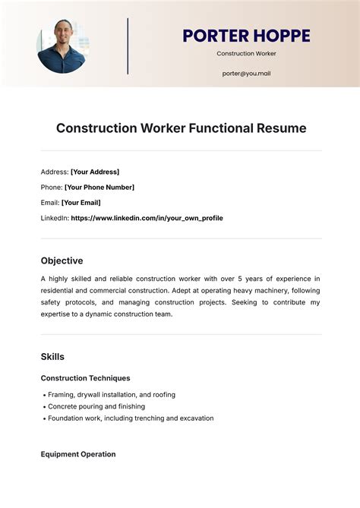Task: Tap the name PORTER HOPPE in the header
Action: click(246, 36)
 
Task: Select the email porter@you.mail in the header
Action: click(246, 74)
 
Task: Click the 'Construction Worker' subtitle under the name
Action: click(246, 54)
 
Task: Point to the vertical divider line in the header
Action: click(128, 46)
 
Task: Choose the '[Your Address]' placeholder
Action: click(95, 172)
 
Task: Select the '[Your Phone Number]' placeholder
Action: click(99, 187)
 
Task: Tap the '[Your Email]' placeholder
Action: click(81, 203)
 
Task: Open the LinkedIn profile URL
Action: click(147, 218)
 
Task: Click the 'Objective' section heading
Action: click(62, 260)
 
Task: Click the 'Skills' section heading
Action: click(52, 357)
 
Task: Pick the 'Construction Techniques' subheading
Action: click(85, 378)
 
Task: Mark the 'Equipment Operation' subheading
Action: click(78, 454)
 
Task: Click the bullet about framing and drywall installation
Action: click(111, 395)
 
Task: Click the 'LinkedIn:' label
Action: click(54, 218)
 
